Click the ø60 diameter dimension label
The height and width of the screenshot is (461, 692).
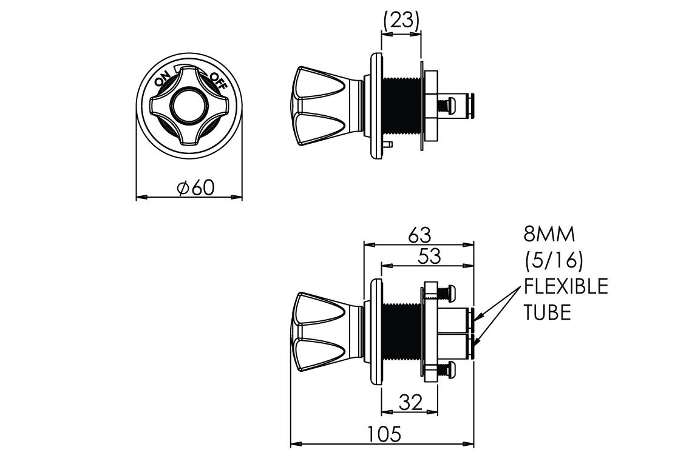(x=195, y=187)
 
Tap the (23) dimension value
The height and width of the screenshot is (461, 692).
(x=401, y=19)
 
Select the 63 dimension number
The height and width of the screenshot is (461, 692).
(x=419, y=235)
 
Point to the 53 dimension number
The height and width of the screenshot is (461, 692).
(x=429, y=257)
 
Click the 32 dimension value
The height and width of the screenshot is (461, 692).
(x=410, y=402)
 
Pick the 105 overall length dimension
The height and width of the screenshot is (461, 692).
(x=384, y=434)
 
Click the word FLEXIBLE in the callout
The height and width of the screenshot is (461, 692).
(x=566, y=286)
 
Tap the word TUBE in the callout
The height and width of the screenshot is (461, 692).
(x=548, y=312)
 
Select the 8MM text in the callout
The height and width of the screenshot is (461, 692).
(x=549, y=234)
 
